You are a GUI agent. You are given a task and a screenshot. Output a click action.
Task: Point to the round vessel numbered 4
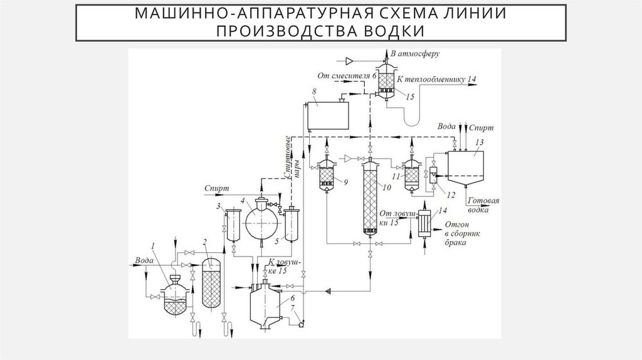click(x=260, y=219)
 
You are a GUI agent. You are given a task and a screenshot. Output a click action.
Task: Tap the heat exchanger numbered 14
click(x=426, y=223)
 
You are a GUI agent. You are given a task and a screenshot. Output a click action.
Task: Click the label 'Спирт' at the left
click(x=216, y=188)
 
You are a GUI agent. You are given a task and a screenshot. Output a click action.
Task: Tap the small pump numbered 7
click(x=302, y=324)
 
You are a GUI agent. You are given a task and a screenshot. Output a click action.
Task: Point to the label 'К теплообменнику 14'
click(x=436, y=79)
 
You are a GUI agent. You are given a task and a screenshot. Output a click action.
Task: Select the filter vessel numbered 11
click(x=411, y=174)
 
